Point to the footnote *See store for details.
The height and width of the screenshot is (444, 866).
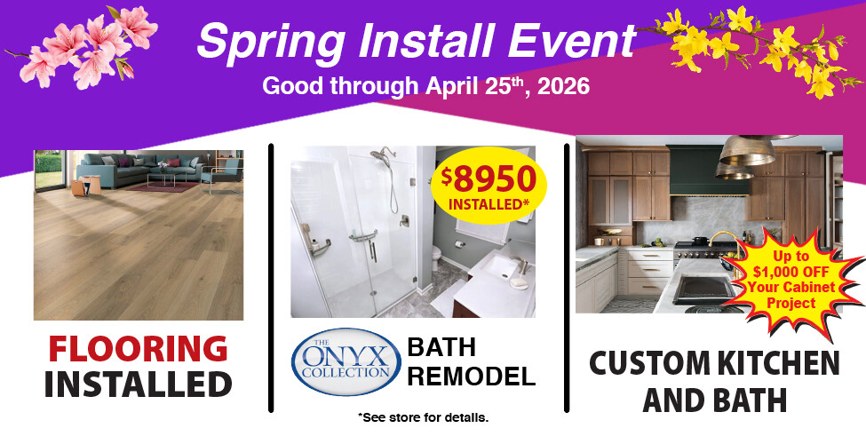[x=423, y=416]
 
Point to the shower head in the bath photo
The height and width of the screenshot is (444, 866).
[x=385, y=156]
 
